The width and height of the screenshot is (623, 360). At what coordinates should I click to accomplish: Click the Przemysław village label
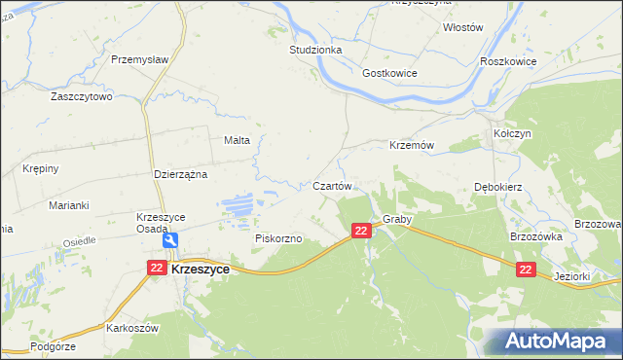[140, 59]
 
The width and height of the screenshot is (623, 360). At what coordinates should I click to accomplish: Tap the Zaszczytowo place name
[83, 97]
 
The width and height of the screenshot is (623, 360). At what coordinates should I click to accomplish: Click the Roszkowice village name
[508, 60]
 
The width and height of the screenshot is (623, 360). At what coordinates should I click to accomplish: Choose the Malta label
[238, 140]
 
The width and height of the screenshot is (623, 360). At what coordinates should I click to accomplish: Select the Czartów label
[332, 185]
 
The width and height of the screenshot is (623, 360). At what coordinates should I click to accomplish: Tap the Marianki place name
[69, 205]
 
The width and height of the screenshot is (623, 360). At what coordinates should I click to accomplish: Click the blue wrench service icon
[171, 241]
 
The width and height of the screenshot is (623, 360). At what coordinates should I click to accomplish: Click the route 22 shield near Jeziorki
[526, 271]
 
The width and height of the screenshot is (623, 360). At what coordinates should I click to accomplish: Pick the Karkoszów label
[133, 329]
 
